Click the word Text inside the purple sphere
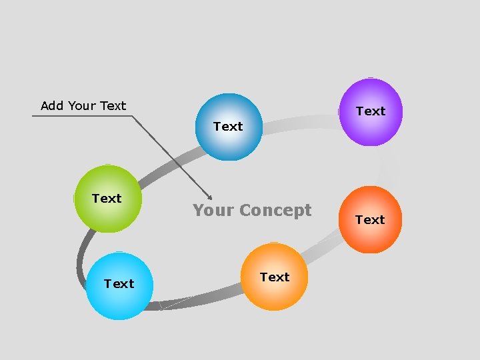pos(371,111)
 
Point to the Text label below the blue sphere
pos(228,126)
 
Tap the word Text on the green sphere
pos(107,199)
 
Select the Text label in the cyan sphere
pos(119,284)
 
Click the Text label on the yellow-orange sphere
pos(275,277)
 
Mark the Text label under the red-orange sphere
pos(370,219)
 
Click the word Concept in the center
pos(275,211)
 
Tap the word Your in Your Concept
pos(213,211)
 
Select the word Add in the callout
pos(53,105)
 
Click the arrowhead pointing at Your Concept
pos(209,197)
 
